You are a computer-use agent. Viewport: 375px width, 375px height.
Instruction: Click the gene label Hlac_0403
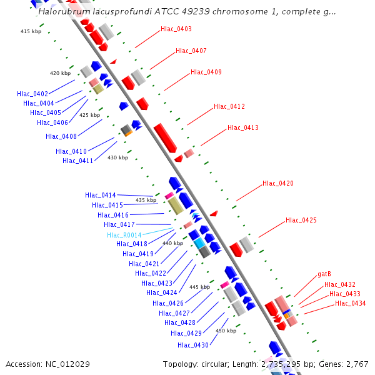(176, 29)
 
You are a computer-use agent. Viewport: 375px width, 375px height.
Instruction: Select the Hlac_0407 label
(191, 51)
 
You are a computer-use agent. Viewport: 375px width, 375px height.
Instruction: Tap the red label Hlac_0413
(243, 127)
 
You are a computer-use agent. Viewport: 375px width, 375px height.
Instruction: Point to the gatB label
(324, 274)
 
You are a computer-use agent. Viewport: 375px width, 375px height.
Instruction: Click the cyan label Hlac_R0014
(124, 235)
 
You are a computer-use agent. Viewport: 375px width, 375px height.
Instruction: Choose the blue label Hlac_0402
(32, 94)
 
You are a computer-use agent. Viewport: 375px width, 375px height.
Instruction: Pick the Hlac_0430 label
(193, 345)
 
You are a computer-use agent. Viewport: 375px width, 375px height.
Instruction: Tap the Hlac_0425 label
(301, 220)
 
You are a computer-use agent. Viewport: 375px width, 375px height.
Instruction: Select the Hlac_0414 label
(101, 196)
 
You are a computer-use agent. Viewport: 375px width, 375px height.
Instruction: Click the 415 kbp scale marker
(31, 31)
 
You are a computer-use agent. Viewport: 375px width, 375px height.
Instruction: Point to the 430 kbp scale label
(117, 157)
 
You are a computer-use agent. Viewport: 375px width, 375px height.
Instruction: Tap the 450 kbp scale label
(226, 331)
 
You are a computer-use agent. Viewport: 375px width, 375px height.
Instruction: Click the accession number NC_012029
(47, 364)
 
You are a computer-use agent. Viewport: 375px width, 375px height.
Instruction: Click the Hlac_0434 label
(351, 303)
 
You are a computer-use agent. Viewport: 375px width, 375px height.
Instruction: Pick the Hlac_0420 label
(278, 183)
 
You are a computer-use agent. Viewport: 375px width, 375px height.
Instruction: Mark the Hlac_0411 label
(78, 161)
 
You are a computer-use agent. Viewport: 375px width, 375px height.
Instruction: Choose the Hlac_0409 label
(206, 72)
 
